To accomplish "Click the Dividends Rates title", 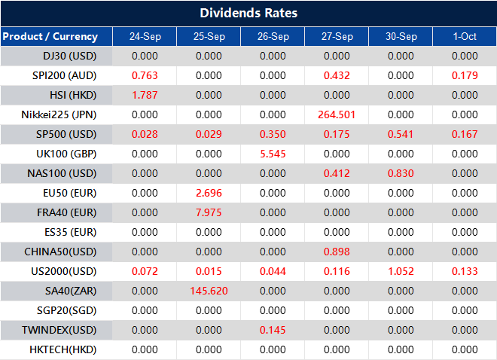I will (248, 13).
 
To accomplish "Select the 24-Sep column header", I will (145, 36).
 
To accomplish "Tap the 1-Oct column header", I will (465, 36).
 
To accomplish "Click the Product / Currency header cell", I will (50, 36).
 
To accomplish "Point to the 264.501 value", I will (337, 114).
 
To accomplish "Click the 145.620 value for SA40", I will (209, 291).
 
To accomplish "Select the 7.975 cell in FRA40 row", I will (209, 212).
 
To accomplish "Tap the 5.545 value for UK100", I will (273, 154).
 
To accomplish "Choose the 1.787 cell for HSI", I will (145, 95).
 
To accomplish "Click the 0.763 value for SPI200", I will (145, 75).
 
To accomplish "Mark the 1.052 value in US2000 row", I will (401, 271).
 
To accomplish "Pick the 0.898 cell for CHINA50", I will (337, 252).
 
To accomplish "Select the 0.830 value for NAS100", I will (401, 173).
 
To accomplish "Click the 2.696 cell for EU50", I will (209, 193).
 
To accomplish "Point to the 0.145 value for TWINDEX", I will (273, 330).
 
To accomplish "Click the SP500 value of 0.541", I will (401, 134).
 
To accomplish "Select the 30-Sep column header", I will (401, 36).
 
